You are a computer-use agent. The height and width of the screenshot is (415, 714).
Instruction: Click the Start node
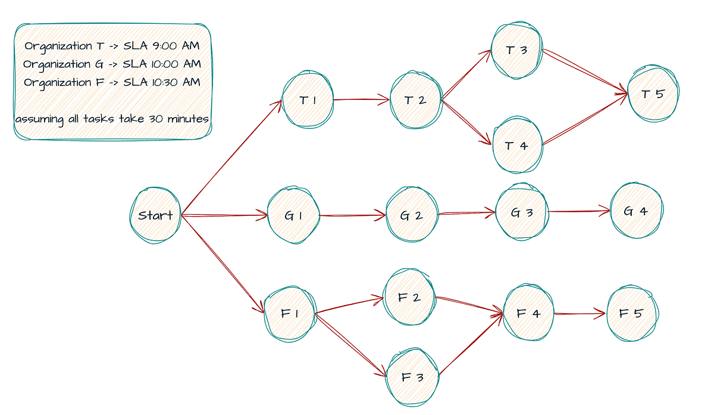coord(155,215)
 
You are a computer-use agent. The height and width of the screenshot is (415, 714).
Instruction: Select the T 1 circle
coord(308,100)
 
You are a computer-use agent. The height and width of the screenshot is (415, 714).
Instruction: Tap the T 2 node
coord(415,100)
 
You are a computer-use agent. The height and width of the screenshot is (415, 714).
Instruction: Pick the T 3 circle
coord(516,51)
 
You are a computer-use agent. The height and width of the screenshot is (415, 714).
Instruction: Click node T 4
coord(516,146)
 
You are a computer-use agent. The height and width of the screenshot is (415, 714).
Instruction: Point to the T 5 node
coord(653,94)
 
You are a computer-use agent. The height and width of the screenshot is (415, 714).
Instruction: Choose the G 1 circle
coord(293,216)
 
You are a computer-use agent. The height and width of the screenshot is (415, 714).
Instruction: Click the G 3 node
coord(522,212)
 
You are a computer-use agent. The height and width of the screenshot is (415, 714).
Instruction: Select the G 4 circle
coord(636,211)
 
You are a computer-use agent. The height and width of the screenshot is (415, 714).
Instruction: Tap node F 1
coord(290,313)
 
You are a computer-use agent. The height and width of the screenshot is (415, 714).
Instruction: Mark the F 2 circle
coord(409,297)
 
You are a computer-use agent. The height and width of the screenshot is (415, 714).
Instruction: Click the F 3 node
coord(412,378)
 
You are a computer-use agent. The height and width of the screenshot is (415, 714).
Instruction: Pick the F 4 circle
coord(528,313)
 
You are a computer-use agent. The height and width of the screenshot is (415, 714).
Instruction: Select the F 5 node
coord(631,313)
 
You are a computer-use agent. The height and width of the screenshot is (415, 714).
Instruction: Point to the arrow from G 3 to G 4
coord(578,210)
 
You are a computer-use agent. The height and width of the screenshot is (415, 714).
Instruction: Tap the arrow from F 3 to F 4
coord(470,345)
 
